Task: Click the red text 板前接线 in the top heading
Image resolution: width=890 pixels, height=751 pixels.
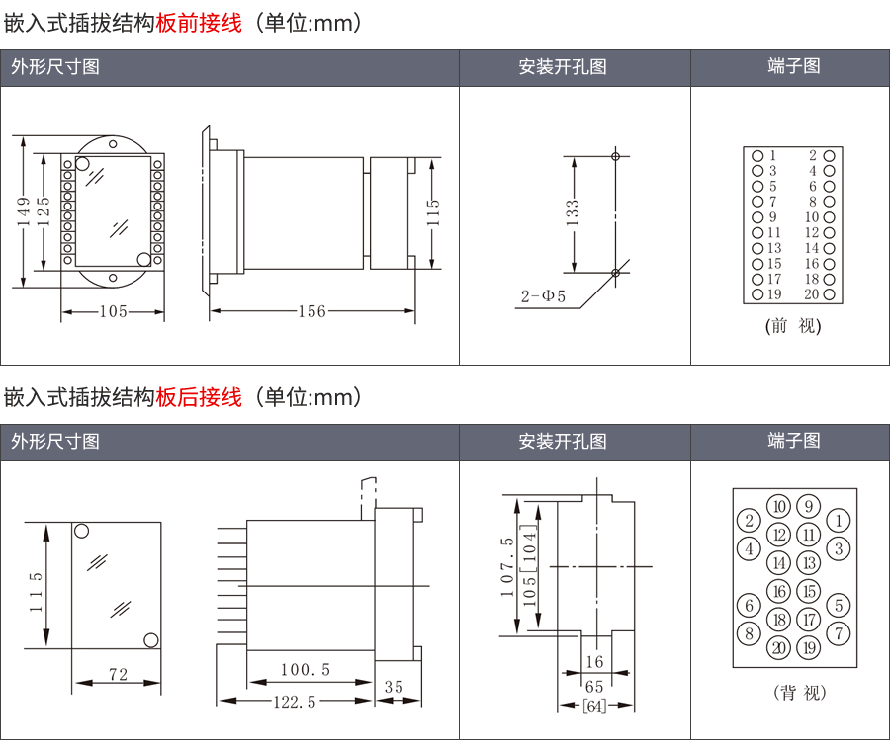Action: tap(199, 23)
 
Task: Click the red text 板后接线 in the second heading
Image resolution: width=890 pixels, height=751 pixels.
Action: tap(199, 397)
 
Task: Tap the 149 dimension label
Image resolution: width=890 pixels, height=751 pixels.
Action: tap(23, 211)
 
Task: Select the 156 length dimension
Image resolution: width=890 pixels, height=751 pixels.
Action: tap(311, 311)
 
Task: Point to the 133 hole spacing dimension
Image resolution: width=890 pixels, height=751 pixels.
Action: tap(572, 212)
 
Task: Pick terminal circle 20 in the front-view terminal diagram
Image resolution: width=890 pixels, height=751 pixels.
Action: tap(829, 294)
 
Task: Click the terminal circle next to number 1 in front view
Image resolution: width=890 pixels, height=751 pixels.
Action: tap(757, 155)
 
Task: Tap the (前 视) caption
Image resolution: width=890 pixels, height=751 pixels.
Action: tap(793, 325)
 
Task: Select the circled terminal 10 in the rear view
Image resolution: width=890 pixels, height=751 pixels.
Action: tap(779, 507)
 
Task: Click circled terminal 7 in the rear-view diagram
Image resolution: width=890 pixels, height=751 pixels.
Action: tap(838, 633)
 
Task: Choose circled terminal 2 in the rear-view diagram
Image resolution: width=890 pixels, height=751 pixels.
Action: tap(750, 521)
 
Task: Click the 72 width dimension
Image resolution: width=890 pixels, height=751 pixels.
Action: tap(118, 675)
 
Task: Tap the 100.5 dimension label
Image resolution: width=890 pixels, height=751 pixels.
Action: tap(305, 670)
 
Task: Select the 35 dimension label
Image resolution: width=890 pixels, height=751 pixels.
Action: tap(394, 686)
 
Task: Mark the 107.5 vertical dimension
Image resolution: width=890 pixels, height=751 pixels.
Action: tap(506, 567)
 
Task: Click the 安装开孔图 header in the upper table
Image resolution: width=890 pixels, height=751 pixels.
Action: tap(563, 67)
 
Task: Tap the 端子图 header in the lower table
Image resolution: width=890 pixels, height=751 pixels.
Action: tap(794, 441)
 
